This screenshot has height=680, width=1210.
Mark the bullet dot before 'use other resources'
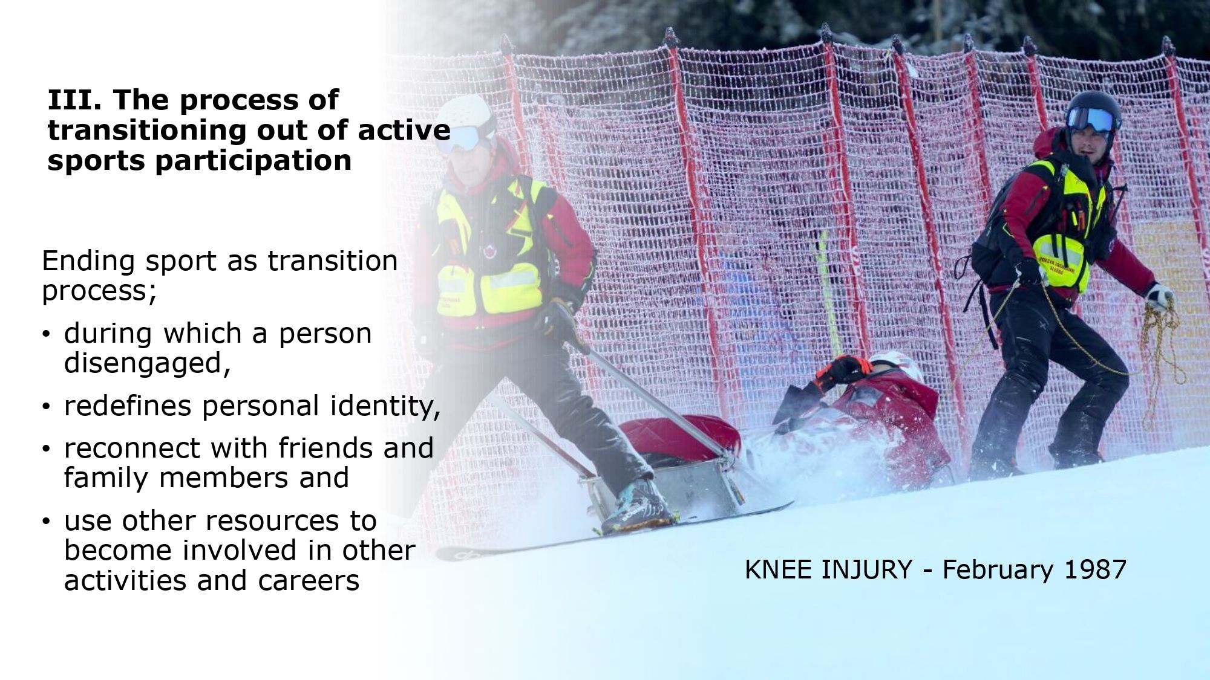point(47,521)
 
